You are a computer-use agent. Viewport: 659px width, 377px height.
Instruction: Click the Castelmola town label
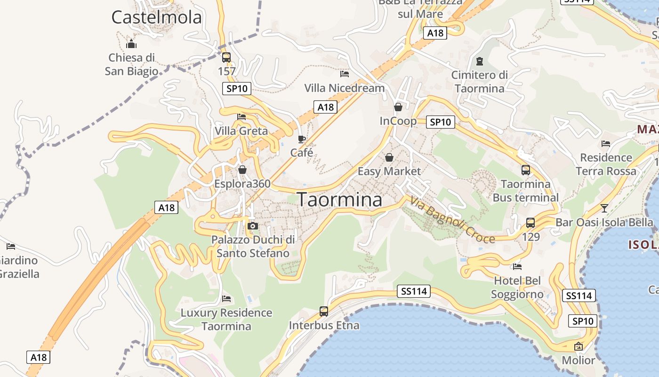point(156,17)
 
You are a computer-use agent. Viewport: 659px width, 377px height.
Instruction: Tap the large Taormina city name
point(339,200)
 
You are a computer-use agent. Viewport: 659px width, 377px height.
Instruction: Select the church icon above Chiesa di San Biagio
point(131,44)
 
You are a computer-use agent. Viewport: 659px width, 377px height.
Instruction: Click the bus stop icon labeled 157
point(226,57)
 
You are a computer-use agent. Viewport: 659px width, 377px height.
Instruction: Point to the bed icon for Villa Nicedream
point(345,74)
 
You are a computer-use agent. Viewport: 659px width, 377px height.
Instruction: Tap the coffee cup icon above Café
point(302,139)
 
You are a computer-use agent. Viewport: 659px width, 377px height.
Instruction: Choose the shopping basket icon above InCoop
point(398,107)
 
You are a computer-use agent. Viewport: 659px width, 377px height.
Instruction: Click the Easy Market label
point(389,171)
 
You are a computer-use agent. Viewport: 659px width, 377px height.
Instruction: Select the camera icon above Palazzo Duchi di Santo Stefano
point(253,226)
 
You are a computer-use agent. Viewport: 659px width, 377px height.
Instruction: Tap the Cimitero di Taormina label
point(480,82)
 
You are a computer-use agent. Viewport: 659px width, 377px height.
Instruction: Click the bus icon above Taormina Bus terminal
point(526,170)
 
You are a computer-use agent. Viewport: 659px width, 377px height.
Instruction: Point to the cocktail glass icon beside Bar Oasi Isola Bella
point(604,208)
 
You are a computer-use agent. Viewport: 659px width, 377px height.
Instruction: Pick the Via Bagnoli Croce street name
point(452,220)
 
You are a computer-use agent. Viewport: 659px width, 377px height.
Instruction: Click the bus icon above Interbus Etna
point(324,311)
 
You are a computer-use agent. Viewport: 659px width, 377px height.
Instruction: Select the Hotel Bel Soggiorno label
point(517,287)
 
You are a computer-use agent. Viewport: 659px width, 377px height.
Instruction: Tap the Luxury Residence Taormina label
point(226,319)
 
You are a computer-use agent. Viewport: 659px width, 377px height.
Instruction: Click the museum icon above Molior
point(579,346)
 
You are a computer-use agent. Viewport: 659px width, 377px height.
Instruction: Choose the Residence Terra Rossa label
point(606,164)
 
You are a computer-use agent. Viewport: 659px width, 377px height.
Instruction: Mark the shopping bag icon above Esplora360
point(242,170)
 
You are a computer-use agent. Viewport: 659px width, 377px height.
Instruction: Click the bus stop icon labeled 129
point(530,222)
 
